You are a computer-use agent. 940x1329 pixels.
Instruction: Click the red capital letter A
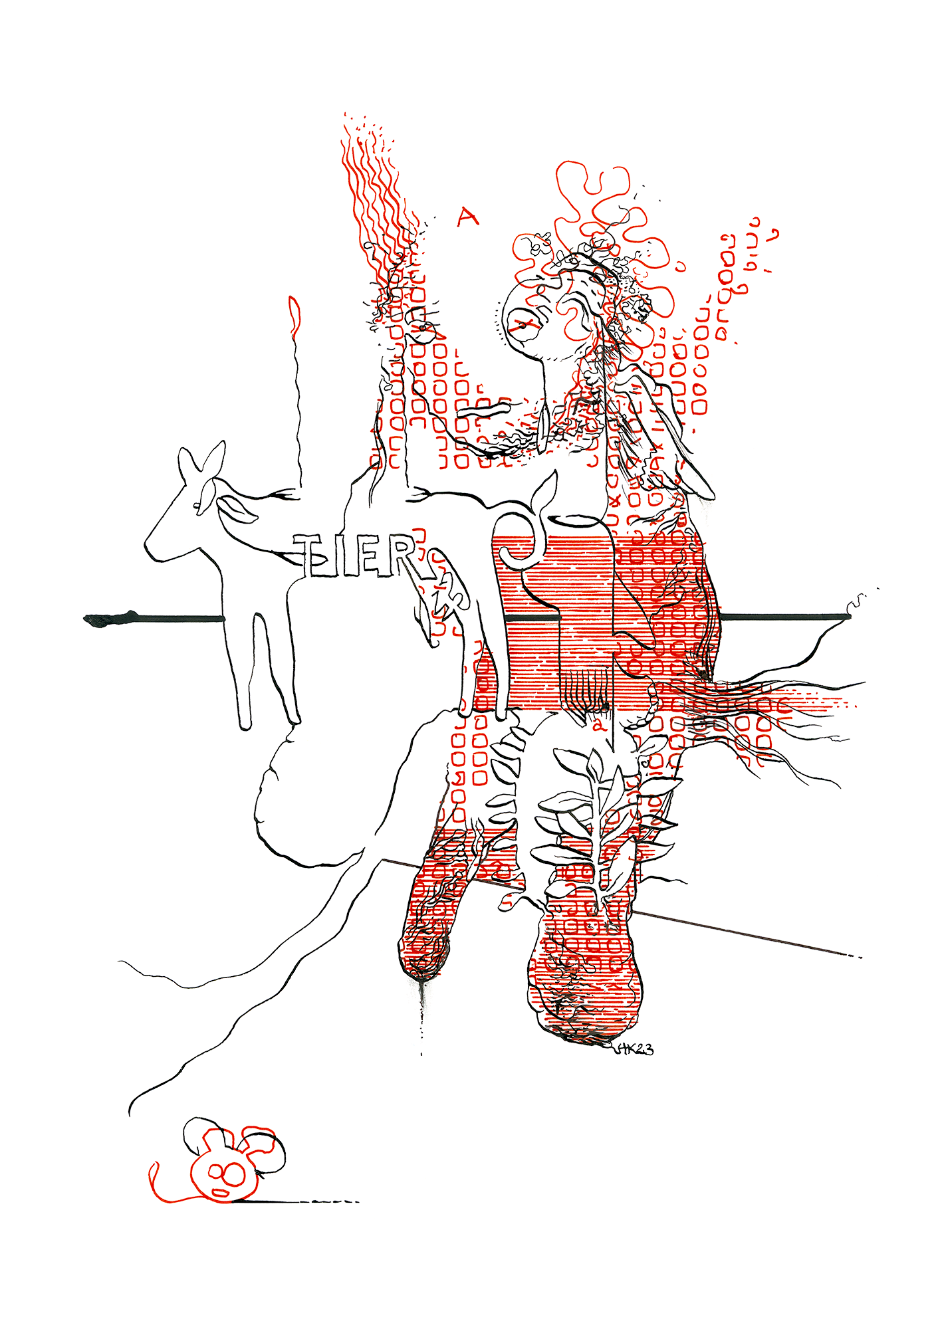(x=467, y=217)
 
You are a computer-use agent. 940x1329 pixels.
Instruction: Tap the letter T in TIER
(x=310, y=554)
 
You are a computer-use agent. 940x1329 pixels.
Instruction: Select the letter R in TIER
(x=403, y=556)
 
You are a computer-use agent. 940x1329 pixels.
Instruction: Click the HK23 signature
(x=634, y=1049)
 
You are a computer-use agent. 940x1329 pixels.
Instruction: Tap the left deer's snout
(x=152, y=548)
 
